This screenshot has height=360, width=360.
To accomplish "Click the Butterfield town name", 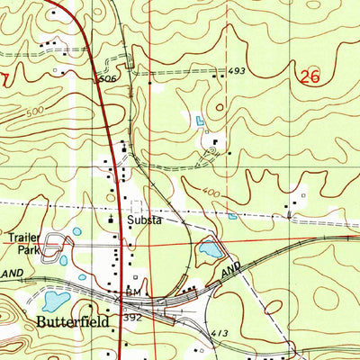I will (72, 321).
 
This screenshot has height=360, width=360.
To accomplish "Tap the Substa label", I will (144, 219).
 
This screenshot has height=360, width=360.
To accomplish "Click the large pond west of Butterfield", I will (54, 300).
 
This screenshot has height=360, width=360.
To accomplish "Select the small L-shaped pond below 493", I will (199, 120).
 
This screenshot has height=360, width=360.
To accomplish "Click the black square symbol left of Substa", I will (112, 219).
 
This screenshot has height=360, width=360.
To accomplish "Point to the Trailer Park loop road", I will (56, 244).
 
